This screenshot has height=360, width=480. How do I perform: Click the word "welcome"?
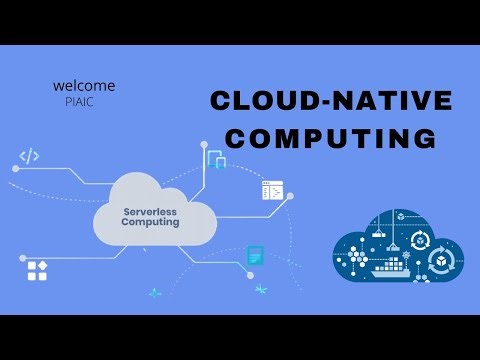click(x=84, y=86)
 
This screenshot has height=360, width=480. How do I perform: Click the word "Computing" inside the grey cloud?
click(x=151, y=223)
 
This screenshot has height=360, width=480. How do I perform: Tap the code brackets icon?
click(x=29, y=156)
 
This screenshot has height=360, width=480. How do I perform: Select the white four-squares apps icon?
click(x=38, y=269)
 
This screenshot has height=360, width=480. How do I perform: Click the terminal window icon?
click(x=272, y=191)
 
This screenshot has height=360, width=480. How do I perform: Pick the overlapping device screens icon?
click(x=216, y=158)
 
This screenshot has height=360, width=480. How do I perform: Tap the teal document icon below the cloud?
click(x=256, y=256)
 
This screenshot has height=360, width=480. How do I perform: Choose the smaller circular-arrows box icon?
click(x=421, y=240)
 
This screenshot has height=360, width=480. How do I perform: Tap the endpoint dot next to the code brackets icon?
click(x=15, y=169)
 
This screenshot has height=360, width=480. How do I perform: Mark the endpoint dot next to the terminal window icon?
click(x=290, y=196)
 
